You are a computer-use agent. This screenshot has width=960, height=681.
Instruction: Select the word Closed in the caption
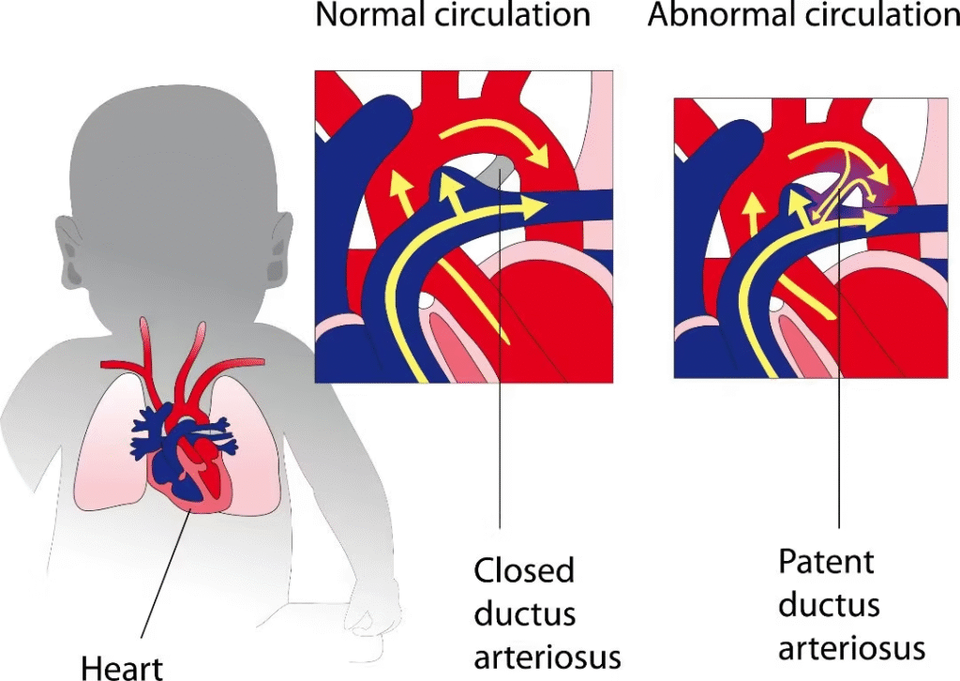pos(524,570)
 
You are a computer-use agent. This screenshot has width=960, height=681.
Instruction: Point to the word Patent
pos(826,562)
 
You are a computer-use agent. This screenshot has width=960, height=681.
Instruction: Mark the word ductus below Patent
pos(830,605)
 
